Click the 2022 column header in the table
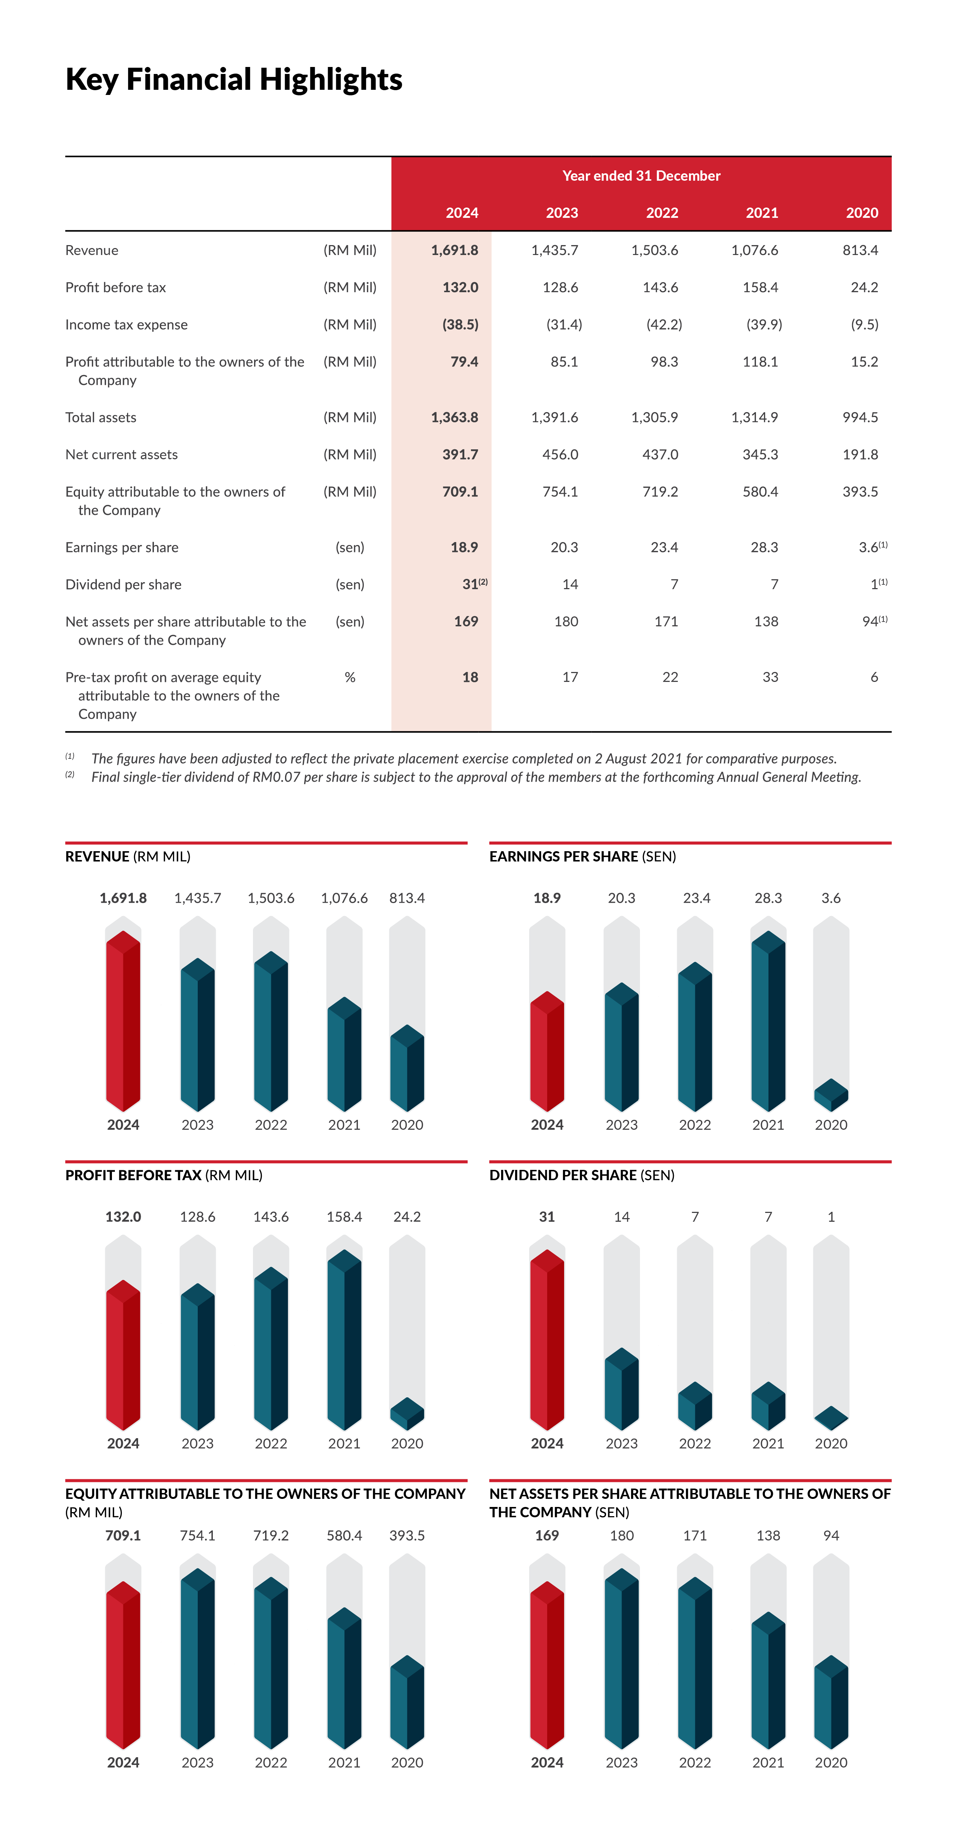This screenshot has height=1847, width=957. tap(661, 213)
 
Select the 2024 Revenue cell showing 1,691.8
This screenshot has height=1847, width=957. tap(454, 250)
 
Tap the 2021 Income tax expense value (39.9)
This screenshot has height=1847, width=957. tap(764, 325)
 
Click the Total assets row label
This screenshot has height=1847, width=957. tap(101, 417)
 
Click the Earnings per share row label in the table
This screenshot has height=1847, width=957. tap(122, 548)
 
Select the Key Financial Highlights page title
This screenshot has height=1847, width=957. tap(234, 79)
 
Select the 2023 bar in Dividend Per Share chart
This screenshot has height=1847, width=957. tap(621, 1389)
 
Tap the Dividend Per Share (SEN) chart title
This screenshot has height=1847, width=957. tap(582, 1175)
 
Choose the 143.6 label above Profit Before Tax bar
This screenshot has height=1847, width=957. tap(271, 1217)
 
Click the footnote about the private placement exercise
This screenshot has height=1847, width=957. tap(464, 758)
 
